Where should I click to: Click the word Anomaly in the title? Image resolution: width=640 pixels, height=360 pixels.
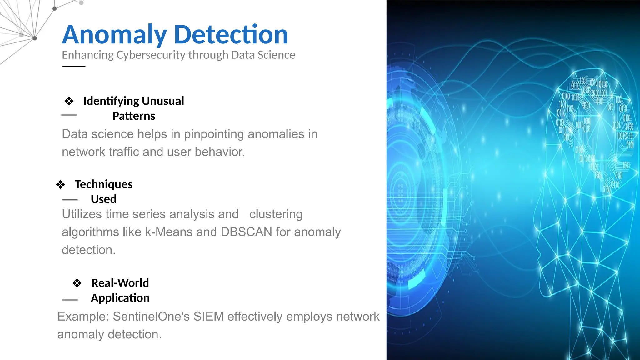[114, 35]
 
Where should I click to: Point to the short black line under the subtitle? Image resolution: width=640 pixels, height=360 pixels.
[74, 66]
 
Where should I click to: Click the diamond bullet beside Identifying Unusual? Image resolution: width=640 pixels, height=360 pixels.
[69, 101]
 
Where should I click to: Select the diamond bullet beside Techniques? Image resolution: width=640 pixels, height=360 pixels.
[60, 184]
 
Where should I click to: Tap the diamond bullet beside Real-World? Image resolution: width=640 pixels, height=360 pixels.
[77, 283]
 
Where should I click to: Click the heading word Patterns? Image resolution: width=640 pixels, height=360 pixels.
[134, 116]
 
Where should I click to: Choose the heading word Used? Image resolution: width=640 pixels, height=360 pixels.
[103, 199]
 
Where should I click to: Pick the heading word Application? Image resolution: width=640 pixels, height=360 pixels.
[120, 298]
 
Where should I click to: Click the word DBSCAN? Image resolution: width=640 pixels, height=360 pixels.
[246, 232]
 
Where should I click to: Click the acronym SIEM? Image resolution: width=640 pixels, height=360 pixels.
[208, 317]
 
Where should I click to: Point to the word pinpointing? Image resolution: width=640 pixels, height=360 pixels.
[214, 134]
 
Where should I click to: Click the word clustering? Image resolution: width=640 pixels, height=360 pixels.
[276, 214]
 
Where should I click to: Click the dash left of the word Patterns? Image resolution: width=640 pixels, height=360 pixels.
[69, 115]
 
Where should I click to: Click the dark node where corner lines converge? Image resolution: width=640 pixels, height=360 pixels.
[35, 38]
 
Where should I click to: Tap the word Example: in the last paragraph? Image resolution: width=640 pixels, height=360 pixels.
[83, 317]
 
